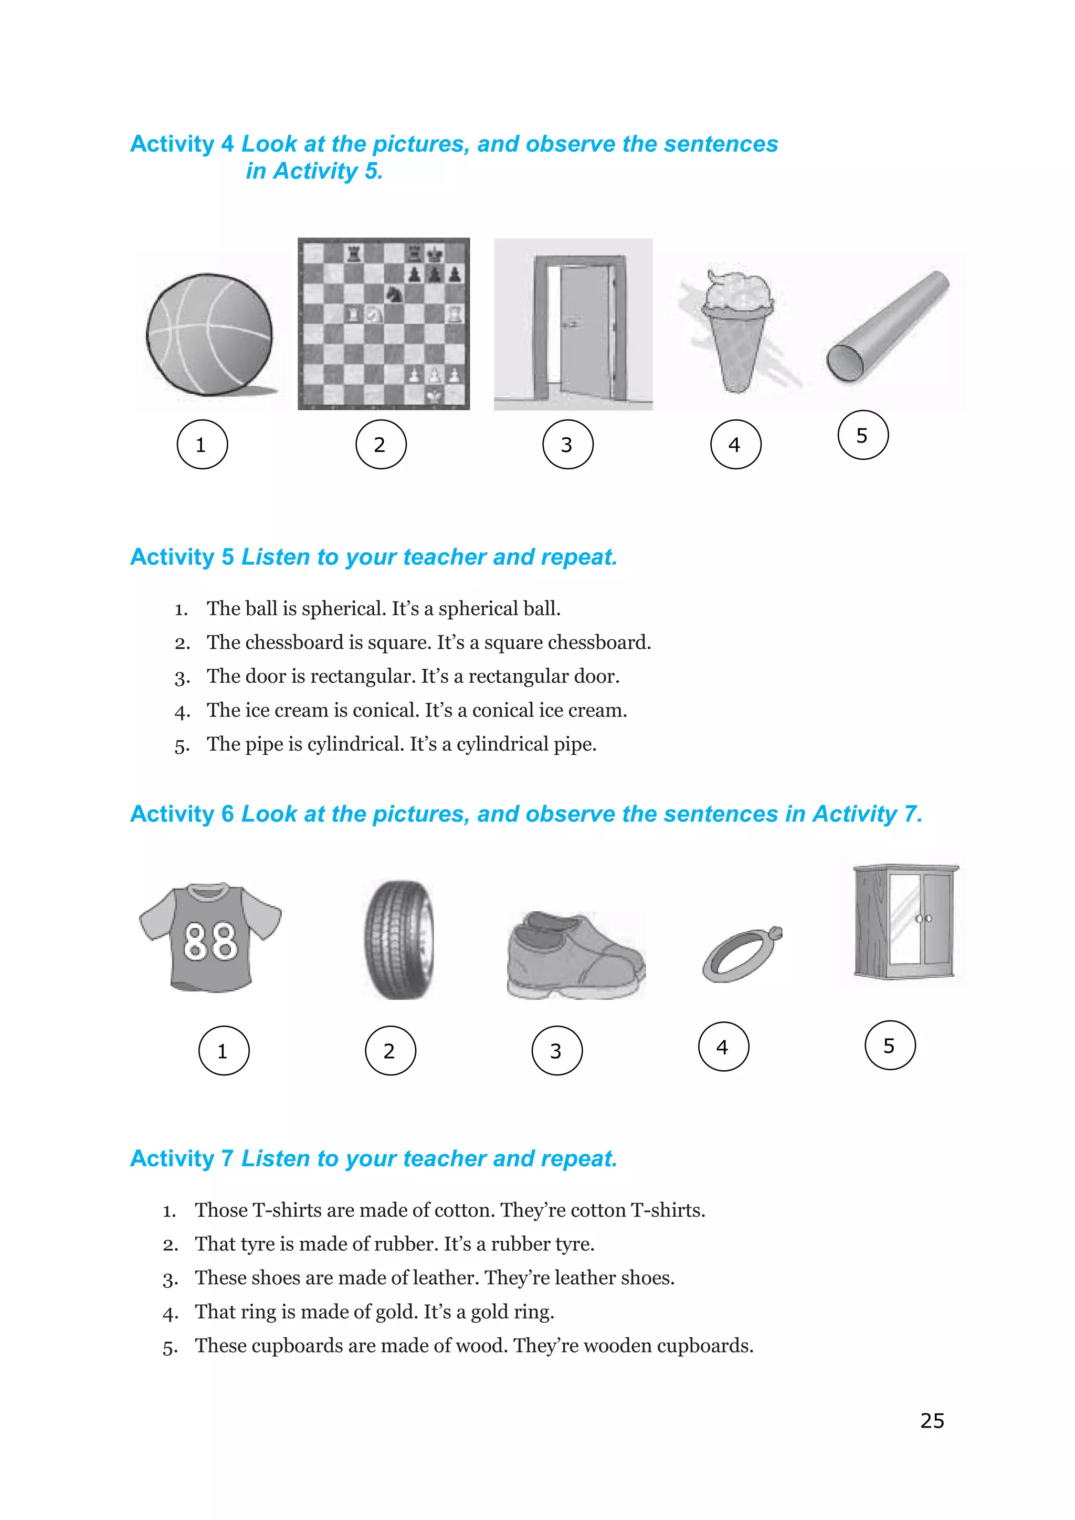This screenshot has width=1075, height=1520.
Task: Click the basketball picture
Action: coord(209,335)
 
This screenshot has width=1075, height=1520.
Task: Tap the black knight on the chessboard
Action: coord(395,293)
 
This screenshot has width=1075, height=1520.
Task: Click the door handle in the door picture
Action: coord(570,324)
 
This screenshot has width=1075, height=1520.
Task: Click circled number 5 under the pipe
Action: coord(862,435)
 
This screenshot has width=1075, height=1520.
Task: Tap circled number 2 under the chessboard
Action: coord(381,444)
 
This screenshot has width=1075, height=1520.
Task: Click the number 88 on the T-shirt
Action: coord(210,942)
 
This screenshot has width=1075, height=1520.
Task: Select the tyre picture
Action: coord(399,940)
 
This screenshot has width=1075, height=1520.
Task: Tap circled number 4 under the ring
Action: coord(723,1047)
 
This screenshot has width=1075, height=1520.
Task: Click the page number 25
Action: coord(932,1421)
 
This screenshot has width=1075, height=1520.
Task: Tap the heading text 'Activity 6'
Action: coord(182,814)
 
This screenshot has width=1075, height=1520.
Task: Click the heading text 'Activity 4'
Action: coord(182,144)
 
